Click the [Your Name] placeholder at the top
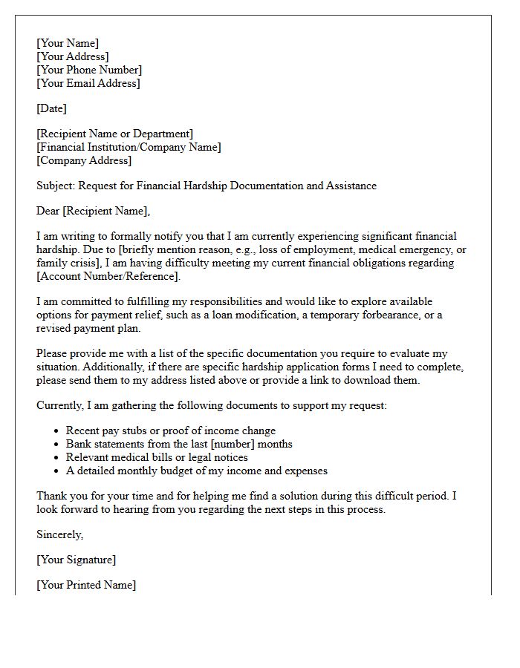point(68,43)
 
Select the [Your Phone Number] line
point(89,70)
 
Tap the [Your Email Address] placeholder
point(88,83)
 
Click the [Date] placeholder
point(51,108)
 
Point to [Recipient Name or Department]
point(114,134)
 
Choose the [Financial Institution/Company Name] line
point(129,147)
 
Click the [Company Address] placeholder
point(84,160)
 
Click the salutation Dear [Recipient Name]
point(93,211)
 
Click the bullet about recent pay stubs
point(170,430)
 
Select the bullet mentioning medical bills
point(157,457)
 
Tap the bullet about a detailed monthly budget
point(196,471)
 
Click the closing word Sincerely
point(59,534)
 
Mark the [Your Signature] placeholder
point(77,560)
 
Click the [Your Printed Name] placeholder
point(86,585)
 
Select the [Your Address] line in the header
point(72,56)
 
